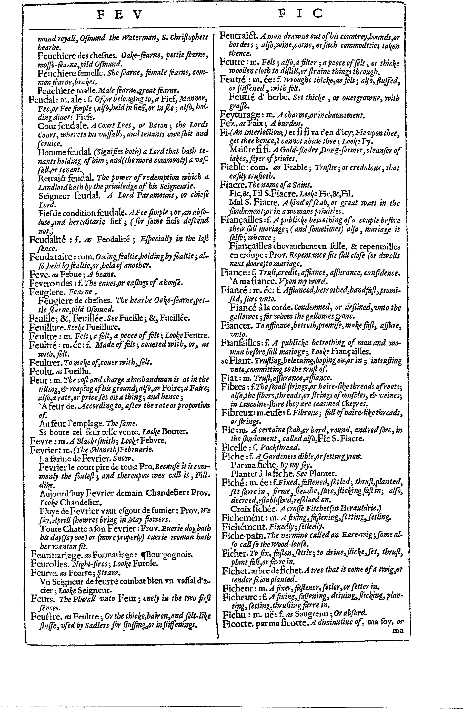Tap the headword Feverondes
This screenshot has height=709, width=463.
click(51, 283)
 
